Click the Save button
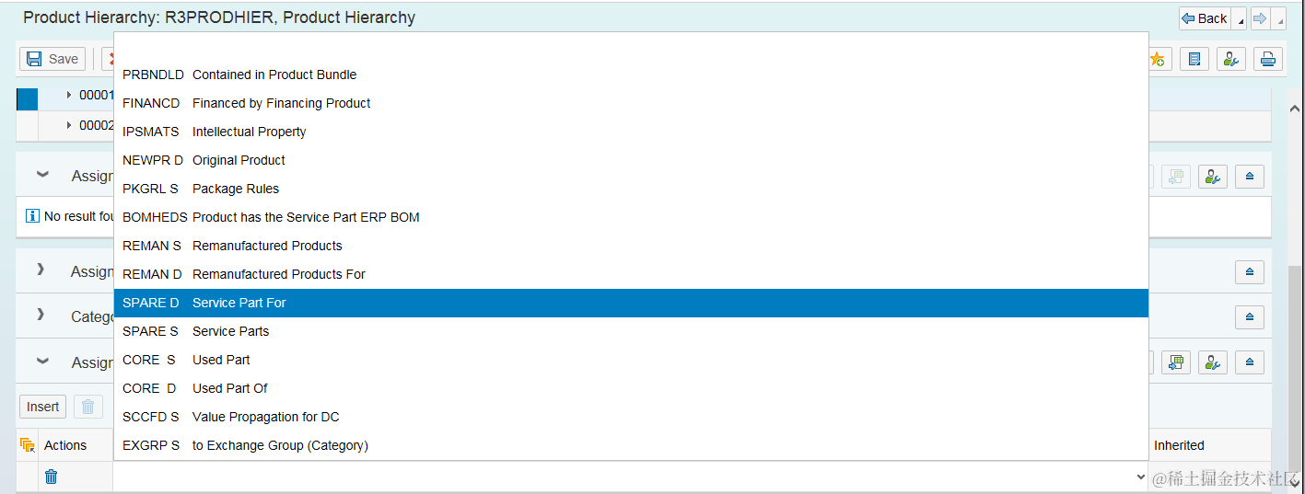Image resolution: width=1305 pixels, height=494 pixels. pyautogui.click(x=52, y=59)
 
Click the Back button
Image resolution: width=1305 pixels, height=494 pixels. pyautogui.click(x=1205, y=18)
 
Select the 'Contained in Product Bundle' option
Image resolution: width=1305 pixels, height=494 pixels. pyautogui.click(x=274, y=75)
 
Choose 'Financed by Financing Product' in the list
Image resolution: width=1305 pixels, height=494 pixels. pyautogui.click(x=281, y=103)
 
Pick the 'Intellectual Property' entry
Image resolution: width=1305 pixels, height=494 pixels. pyautogui.click(x=249, y=132)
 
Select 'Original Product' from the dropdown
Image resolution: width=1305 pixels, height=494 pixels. pyautogui.click(x=239, y=160)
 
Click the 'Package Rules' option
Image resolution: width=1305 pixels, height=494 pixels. pyautogui.click(x=235, y=189)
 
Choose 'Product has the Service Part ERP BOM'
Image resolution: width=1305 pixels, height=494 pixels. pyautogui.click(x=305, y=217)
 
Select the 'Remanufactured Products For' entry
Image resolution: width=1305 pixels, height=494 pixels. pyautogui.click(x=278, y=274)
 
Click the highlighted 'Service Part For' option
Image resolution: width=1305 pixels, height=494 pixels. pyautogui.click(x=239, y=303)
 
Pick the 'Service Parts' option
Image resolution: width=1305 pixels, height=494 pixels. pyautogui.click(x=230, y=331)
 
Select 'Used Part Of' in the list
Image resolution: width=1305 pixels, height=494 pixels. pyautogui.click(x=229, y=388)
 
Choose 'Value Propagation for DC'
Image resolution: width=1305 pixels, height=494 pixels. pyautogui.click(x=265, y=417)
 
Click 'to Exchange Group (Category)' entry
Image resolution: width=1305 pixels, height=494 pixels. pyautogui.click(x=280, y=445)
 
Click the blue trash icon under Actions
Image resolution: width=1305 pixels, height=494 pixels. pyautogui.click(x=52, y=477)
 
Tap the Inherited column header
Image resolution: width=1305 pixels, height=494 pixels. pyautogui.click(x=1179, y=445)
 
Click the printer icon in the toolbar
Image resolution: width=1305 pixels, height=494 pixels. pyautogui.click(x=1268, y=59)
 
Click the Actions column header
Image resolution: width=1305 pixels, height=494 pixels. pyautogui.click(x=65, y=445)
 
